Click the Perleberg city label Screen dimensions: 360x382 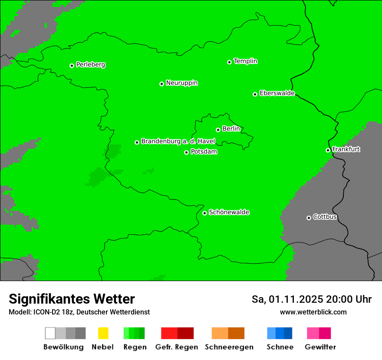90,65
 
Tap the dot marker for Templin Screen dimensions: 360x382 229,62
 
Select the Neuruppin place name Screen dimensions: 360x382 181,83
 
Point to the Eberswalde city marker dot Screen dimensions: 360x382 255,94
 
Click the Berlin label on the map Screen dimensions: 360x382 231,129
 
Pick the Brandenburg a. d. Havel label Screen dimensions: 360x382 178,141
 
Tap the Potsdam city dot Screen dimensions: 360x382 187,152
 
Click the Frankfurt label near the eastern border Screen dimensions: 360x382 346,149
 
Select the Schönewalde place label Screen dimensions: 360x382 229,212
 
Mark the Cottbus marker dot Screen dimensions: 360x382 309,218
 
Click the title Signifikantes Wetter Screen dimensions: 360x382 72,299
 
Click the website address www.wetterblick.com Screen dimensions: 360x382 313,312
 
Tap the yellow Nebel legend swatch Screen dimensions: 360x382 103,333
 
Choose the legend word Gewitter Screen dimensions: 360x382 320,347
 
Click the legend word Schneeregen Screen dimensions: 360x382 229,347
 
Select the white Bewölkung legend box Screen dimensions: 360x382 50,333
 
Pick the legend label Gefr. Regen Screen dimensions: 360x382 176,347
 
